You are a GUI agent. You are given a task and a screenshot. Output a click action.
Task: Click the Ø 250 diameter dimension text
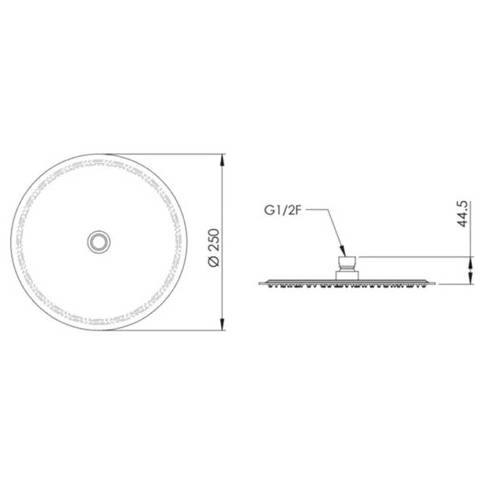(214, 247)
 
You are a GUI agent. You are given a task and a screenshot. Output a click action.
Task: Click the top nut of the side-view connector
(347, 264)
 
